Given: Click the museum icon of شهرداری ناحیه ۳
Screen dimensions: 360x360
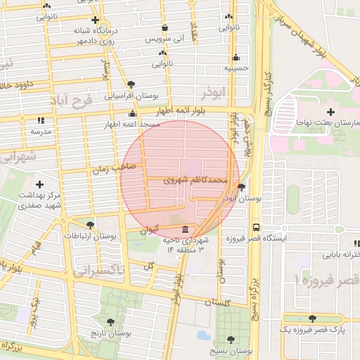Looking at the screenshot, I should point(185,230).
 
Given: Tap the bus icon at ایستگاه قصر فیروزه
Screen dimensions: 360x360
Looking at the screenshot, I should point(255,228).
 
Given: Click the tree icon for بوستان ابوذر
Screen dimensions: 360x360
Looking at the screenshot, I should point(242,188).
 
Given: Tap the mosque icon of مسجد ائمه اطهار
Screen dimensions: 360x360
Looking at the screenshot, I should point(132,113).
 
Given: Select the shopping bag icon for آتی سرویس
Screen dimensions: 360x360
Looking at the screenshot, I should point(165,28).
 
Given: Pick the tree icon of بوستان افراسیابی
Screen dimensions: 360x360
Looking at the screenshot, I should point(131,84).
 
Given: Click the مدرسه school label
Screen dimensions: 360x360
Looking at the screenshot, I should point(39,131).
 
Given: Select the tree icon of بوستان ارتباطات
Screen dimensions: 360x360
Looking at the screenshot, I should point(90,225).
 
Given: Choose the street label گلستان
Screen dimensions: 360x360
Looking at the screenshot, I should point(217,302).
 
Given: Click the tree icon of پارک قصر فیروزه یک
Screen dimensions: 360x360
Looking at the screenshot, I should point(312,319).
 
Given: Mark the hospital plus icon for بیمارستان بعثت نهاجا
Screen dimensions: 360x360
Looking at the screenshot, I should point(330,112).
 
